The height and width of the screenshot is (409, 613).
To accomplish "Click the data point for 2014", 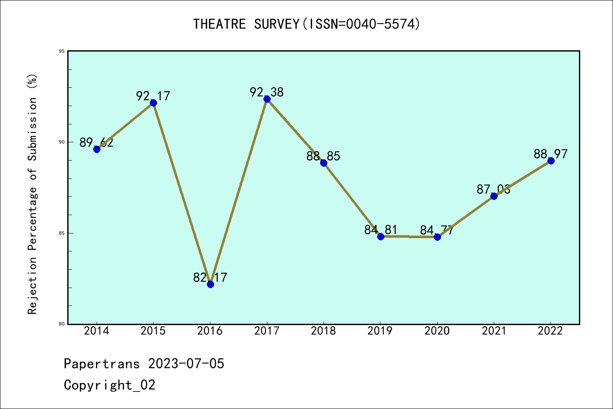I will point(97,149).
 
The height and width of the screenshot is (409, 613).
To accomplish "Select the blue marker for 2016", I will point(210,284).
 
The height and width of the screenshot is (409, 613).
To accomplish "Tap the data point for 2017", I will point(267,99).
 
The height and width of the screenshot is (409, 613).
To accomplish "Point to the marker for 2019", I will point(381,236).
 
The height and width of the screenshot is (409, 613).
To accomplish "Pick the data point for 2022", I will point(551,161).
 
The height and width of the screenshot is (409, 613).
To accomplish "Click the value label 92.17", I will point(153,96).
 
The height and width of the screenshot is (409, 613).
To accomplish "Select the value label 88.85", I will point(324,156).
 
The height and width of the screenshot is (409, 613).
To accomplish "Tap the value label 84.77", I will point(437,230).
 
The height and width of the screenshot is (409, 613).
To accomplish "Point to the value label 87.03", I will point(493,189).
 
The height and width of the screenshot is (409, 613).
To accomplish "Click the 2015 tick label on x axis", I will point(153,331).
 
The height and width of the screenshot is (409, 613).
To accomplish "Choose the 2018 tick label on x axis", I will point(324,331).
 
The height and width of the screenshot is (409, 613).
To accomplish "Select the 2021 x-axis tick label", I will point(494,331).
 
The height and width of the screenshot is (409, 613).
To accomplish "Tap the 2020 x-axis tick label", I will point(437,331).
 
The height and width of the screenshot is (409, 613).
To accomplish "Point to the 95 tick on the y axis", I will point(62,51).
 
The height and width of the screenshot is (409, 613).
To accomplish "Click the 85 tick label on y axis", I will point(62,233).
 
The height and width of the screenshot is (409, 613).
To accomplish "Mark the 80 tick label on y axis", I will point(62,324).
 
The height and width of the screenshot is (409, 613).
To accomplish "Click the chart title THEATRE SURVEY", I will point(306,24).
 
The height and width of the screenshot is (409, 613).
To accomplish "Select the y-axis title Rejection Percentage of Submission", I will point(33,194).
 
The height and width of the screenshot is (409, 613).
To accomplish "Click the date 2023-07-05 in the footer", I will point(186,364).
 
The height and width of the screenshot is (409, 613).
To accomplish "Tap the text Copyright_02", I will point(110,385).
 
